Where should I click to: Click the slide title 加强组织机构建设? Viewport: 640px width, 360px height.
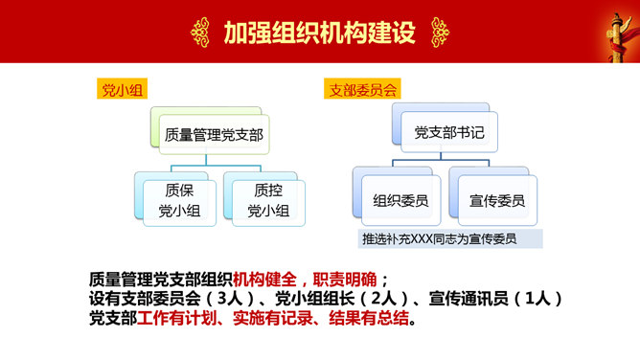click(319, 32)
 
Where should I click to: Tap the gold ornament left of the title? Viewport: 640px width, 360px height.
click(201, 32)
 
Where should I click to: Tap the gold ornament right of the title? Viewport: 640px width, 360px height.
click(439, 32)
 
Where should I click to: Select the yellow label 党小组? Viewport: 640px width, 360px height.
click(118, 90)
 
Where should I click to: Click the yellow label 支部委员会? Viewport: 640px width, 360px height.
click(363, 90)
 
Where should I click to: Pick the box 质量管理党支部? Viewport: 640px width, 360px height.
click(214, 134)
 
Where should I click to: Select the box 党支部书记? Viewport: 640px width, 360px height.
click(449, 133)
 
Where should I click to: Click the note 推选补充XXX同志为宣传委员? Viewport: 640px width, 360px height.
click(439, 238)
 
